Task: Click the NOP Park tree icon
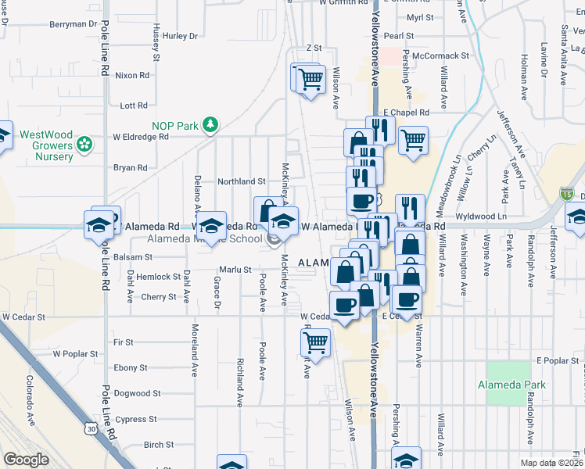tap(210, 125)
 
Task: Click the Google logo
tap(26, 460)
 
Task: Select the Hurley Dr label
tap(181, 36)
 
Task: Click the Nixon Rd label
tap(131, 76)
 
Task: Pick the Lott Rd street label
tap(134, 106)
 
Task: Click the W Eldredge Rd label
tap(141, 136)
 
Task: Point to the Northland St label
tap(242, 181)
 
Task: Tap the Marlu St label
tap(234, 270)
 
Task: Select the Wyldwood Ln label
tap(485, 216)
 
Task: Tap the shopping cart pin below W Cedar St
tap(316, 342)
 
